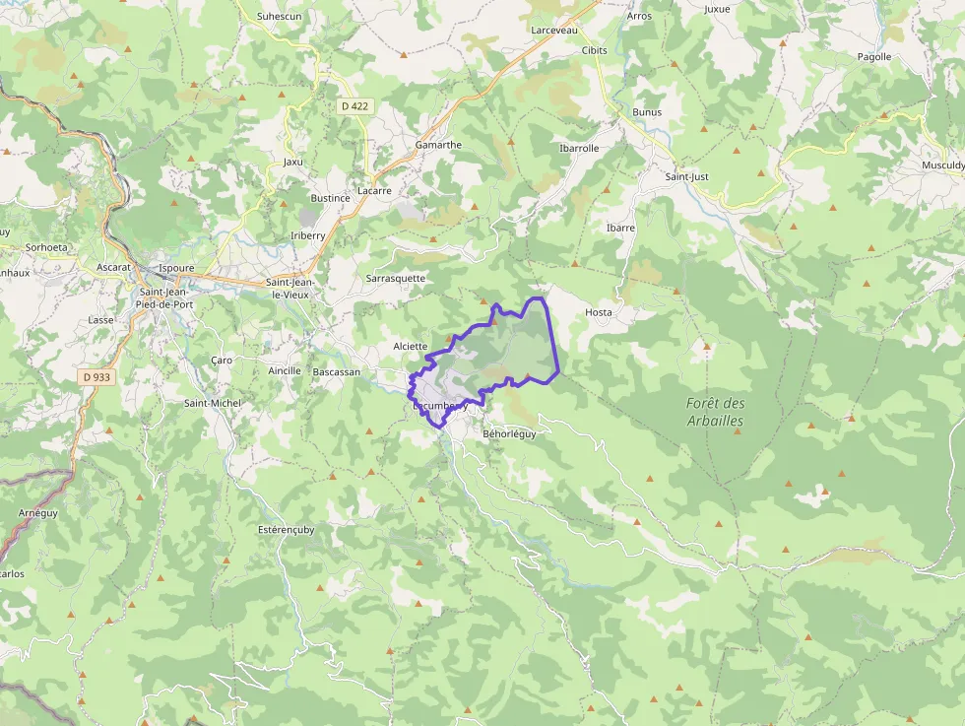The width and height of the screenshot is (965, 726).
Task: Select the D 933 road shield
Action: pos(96,376)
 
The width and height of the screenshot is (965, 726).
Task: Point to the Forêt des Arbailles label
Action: pos(716,412)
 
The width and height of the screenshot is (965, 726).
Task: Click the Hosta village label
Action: pos(599,312)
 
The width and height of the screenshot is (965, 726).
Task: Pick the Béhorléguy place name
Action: pos(509,433)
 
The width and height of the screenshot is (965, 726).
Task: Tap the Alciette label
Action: pos(410,346)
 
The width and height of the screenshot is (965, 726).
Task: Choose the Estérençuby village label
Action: pos(287,529)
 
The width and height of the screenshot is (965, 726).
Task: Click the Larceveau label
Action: pos(553,31)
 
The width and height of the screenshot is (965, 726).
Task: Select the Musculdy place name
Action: pos(942,165)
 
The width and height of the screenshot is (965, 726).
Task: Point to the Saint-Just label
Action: pos(687,176)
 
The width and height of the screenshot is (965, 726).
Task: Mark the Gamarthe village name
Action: pos(438,145)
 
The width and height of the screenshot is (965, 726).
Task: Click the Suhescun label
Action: pos(278,17)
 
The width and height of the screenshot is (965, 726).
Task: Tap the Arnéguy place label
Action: pos(38,513)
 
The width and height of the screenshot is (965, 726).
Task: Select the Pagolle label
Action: pos(873,57)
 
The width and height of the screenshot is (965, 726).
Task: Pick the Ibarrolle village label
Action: pos(579,148)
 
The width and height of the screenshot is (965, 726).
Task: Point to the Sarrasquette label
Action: pos(396,278)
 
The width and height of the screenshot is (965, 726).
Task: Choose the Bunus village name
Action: pos(647,112)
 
